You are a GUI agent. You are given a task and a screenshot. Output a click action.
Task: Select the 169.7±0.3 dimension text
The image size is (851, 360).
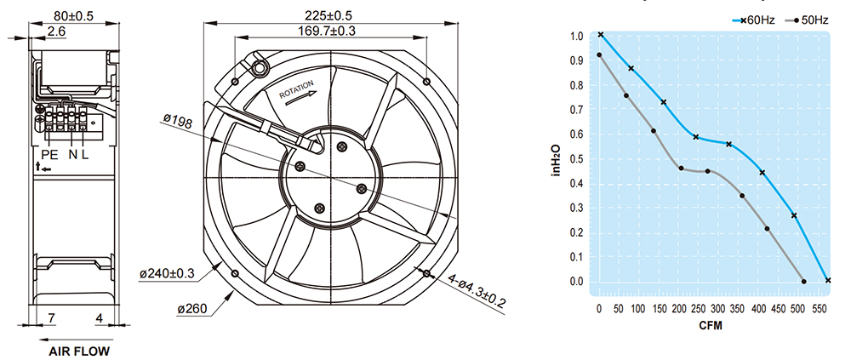(x=327, y=31)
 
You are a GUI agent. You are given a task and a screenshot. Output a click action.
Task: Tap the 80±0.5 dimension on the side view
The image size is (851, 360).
(x=74, y=16)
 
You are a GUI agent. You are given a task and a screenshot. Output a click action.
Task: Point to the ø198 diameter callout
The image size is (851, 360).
(x=178, y=123)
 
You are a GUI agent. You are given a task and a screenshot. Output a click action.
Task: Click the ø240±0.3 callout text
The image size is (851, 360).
(x=167, y=274)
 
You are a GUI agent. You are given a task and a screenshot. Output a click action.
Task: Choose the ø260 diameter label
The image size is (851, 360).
(x=191, y=310)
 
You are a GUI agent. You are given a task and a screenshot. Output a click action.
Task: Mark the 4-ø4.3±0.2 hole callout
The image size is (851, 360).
(x=477, y=292)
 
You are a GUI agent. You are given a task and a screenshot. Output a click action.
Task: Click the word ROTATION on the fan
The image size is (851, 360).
(x=296, y=89)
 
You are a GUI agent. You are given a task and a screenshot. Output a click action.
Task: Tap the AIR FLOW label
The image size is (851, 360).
(x=79, y=351)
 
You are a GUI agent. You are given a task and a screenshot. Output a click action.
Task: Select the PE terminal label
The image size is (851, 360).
(x=49, y=155)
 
